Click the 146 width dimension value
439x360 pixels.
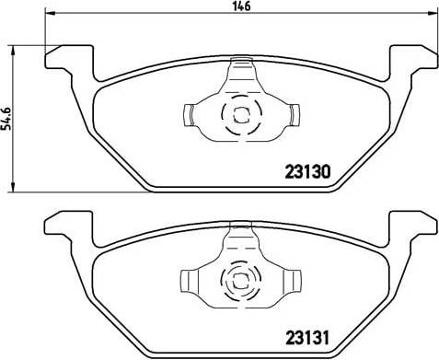coord(241,6)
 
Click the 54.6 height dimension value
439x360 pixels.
coord(6,119)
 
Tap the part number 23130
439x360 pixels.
coord(307,172)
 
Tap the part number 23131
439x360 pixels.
coord(307,338)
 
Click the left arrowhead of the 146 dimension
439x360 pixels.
coord(50,13)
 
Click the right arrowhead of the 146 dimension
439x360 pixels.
coord(432,13)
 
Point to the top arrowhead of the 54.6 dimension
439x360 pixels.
coord(13,51)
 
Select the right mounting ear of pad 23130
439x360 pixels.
coord(413,58)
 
